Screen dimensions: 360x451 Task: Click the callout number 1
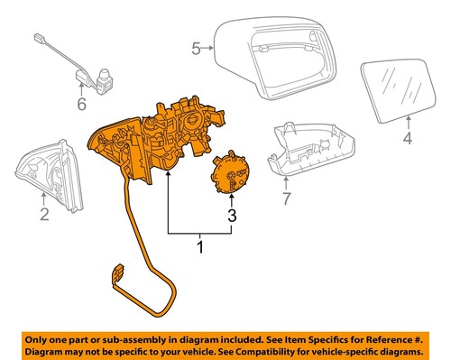point(199,245)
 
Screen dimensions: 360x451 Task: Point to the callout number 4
point(406,139)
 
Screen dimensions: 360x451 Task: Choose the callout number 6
point(82,105)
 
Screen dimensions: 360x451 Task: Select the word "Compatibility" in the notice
point(272,350)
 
